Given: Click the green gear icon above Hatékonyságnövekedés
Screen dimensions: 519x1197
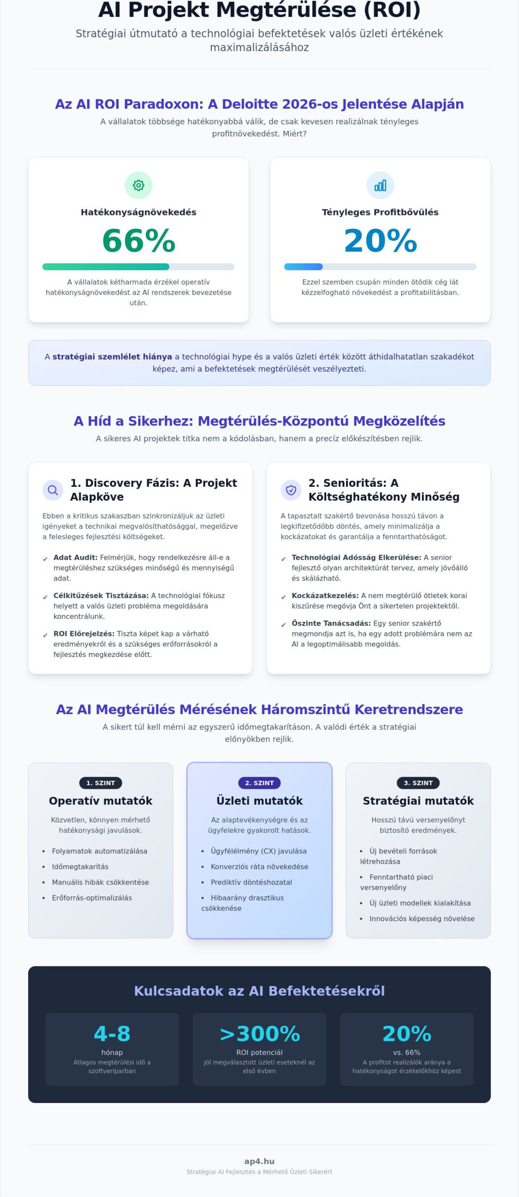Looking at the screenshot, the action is (x=138, y=186).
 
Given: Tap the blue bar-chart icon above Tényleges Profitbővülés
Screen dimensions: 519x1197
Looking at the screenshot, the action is (x=380, y=186).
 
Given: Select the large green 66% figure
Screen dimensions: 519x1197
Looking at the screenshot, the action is (x=139, y=241).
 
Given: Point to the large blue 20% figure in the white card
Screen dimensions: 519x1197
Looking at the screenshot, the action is (x=380, y=241).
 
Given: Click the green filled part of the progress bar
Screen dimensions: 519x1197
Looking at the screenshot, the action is (x=106, y=267).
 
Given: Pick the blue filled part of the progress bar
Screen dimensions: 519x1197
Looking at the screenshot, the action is (x=303, y=267).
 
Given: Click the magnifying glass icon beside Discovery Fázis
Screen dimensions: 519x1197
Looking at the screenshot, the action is (x=53, y=490).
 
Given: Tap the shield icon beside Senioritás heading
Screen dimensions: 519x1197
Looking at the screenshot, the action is (x=291, y=490).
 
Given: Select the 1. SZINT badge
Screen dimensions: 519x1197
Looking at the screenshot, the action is (x=101, y=783).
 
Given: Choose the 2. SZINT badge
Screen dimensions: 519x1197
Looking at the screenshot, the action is (x=259, y=783).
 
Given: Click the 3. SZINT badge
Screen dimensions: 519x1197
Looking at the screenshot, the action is (x=418, y=783).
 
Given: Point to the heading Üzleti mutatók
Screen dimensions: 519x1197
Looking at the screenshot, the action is (x=259, y=801).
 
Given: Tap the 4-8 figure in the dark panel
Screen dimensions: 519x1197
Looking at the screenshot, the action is (x=112, y=1033).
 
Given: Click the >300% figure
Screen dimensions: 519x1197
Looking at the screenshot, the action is (x=259, y=1033).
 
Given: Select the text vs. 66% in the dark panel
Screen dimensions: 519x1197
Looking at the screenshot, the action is (x=407, y=1053).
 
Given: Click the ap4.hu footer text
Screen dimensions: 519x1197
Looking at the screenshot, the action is (x=259, y=1161).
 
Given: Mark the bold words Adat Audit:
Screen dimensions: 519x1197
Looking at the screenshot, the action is (x=75, y=557).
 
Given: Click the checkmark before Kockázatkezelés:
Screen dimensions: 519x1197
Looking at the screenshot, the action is (x=283, y=597).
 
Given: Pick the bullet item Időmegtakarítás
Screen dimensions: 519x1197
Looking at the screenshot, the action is (x=80, y=866).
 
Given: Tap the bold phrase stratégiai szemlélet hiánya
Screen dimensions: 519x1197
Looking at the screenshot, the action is (x=112, y=357).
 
